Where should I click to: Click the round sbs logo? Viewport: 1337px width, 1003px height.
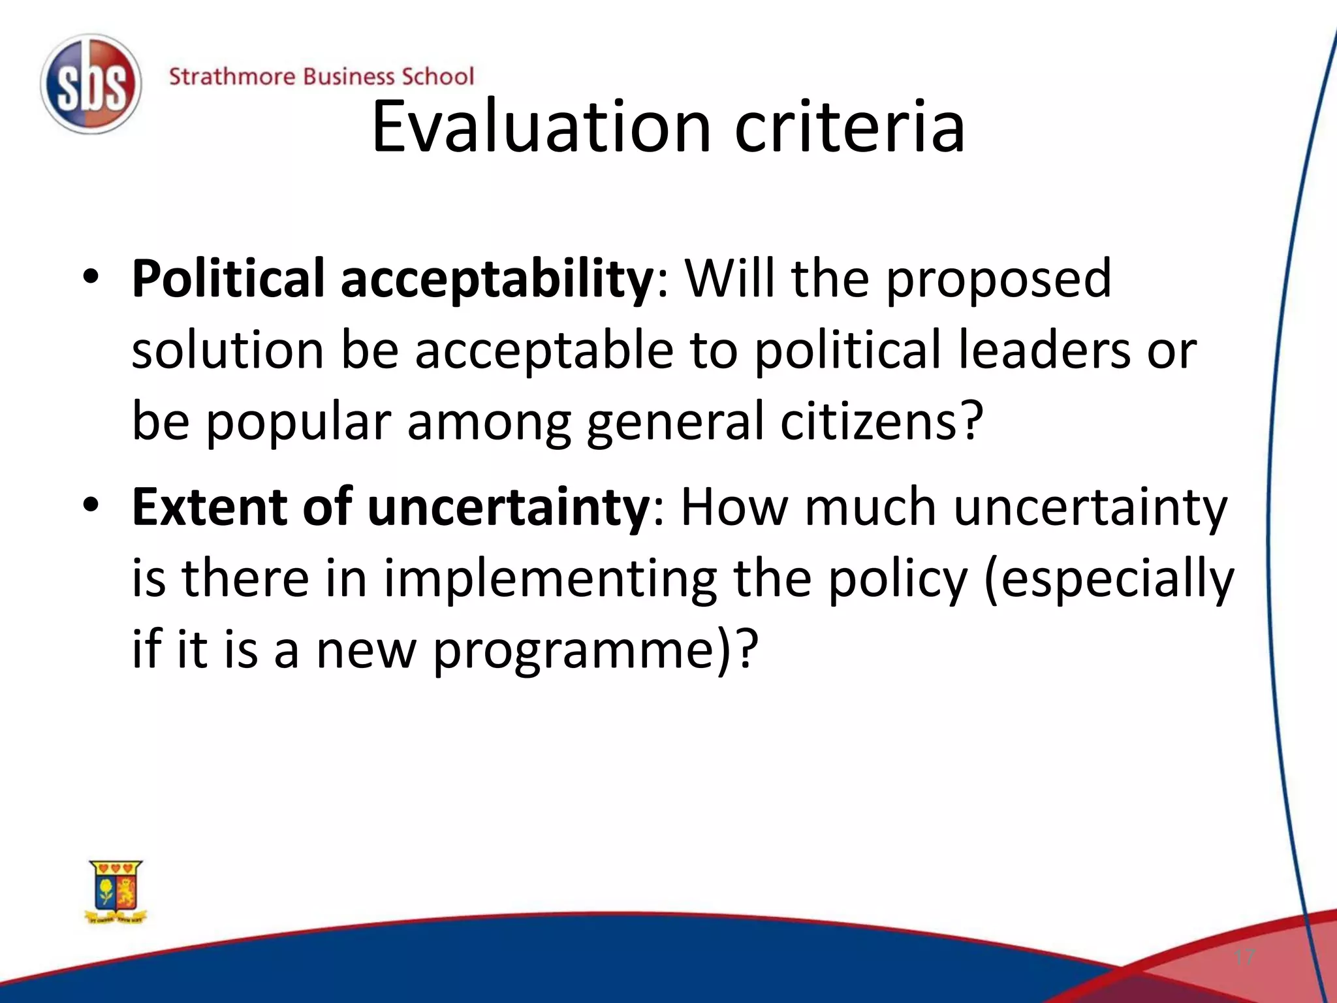coord(91,85)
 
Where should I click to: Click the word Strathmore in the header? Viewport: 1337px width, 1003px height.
coord(232,77)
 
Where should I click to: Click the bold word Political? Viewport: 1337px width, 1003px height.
coord(228,279)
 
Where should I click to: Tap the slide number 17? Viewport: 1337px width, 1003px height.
coord(1244,957)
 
